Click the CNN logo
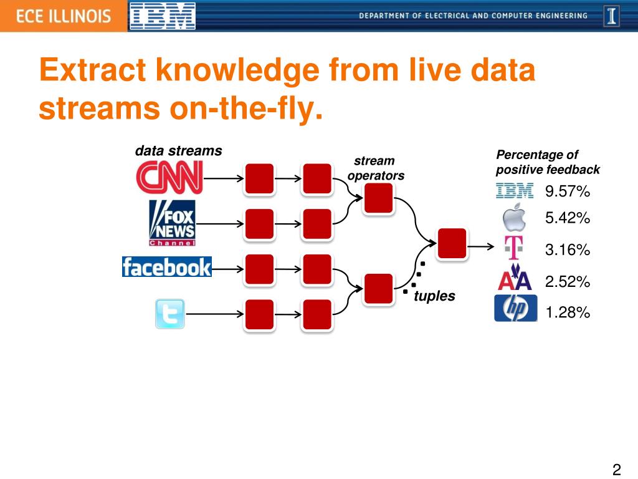169,177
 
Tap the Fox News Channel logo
172,223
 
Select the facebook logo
167,267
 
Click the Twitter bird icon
169,314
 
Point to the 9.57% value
567,191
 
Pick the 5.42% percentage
567,218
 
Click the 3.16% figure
567,250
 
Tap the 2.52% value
567,282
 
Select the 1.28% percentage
567,312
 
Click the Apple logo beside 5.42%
515,219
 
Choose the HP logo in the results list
515,308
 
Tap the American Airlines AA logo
515,279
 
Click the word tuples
434,296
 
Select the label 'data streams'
178,151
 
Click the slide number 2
617,470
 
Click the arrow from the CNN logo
224,178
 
